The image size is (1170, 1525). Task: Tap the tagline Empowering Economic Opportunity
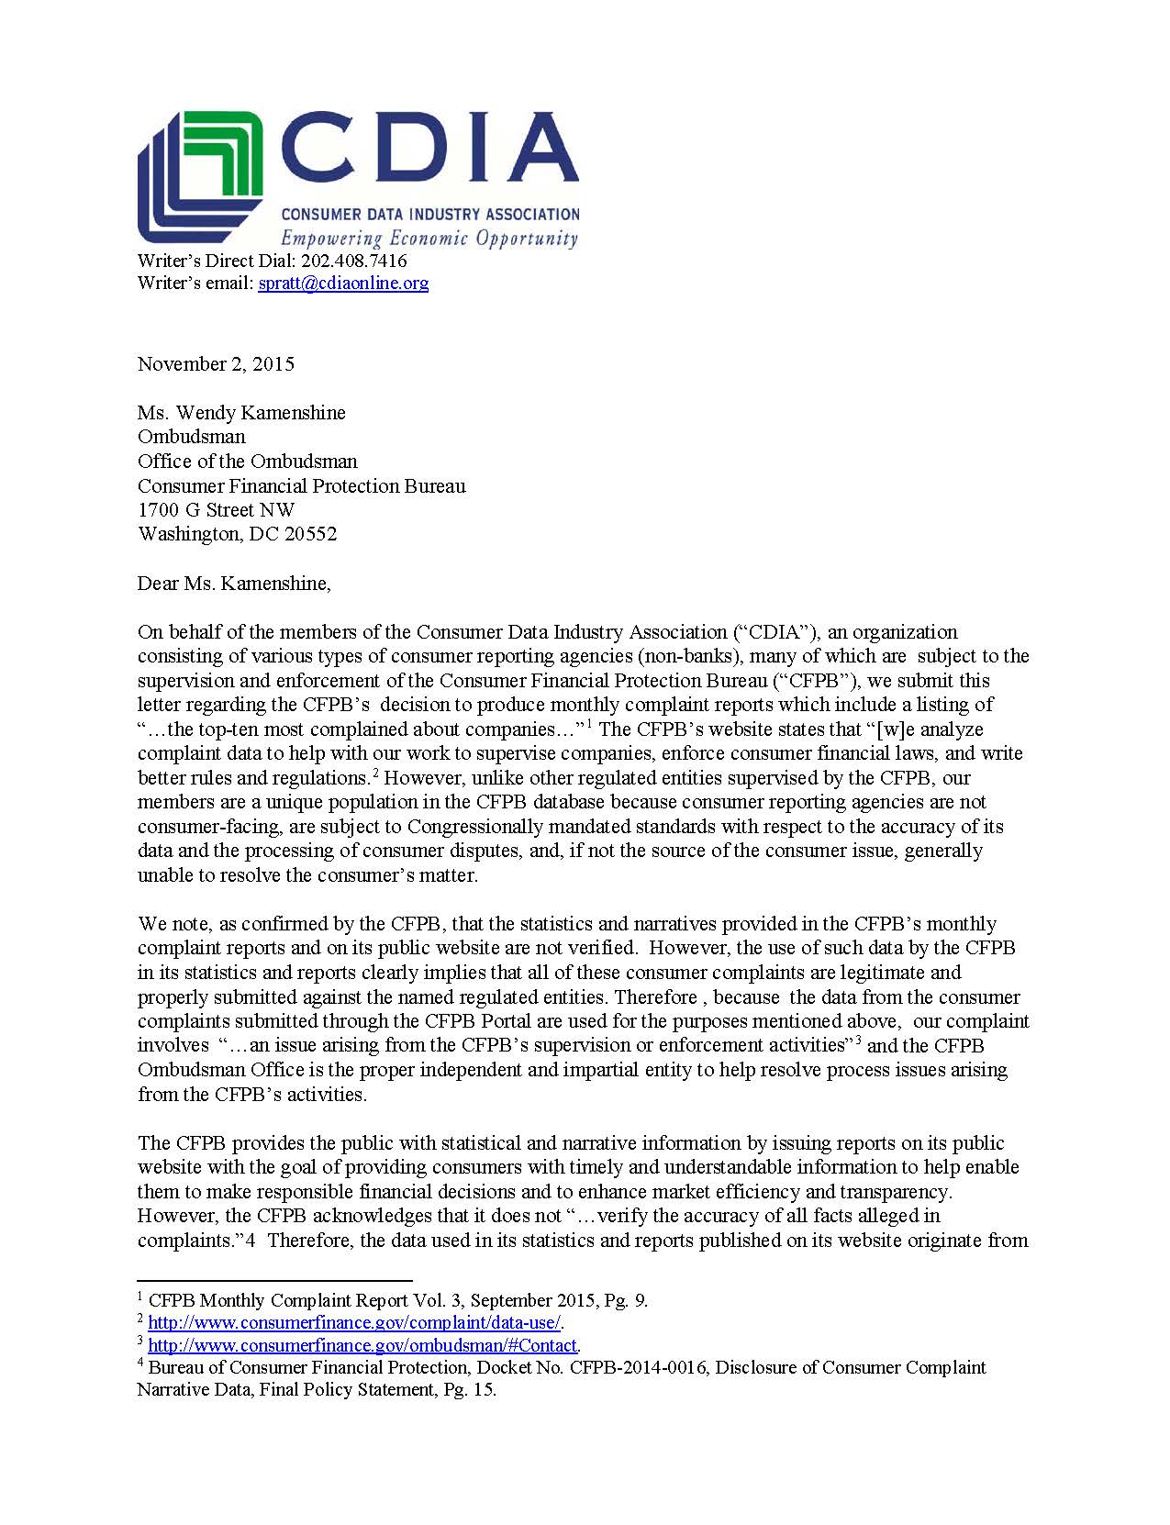[x=429, y=239]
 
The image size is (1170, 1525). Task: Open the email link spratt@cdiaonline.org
[x=343, y=283]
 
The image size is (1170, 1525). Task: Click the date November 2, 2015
[x=216, y=363]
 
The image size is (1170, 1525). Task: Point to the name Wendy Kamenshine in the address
[x=261, y=413]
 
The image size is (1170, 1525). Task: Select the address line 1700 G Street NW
[x=216, y=510]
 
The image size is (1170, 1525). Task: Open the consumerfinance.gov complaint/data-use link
[x=354, y=1323]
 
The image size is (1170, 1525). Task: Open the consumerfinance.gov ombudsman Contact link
[x=362, y=1346]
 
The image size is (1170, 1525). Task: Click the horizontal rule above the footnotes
[x=274, y=1279]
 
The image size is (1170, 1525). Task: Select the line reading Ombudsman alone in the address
[x=192, y=437]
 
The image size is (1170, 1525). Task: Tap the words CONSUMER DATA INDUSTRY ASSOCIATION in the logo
[x=429, y=215]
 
